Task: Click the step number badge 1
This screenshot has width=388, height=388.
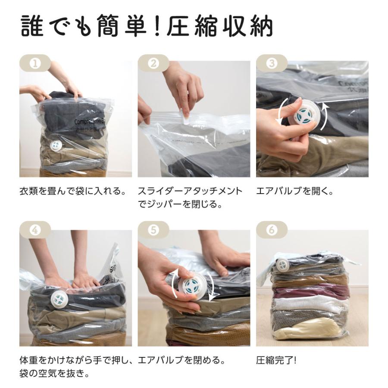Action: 35,63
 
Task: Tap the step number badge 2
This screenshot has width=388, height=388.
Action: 153,63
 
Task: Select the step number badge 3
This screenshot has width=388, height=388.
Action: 272,63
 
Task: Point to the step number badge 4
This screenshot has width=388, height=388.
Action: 35,230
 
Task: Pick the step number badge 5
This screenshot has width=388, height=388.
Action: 153,230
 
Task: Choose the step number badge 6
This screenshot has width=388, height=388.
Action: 272,230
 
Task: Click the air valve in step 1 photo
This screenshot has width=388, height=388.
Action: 56,146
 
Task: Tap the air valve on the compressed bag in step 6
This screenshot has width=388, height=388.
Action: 282,265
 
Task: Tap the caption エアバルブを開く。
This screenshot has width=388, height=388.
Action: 295,191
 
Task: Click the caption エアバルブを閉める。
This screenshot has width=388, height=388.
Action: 181,360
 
